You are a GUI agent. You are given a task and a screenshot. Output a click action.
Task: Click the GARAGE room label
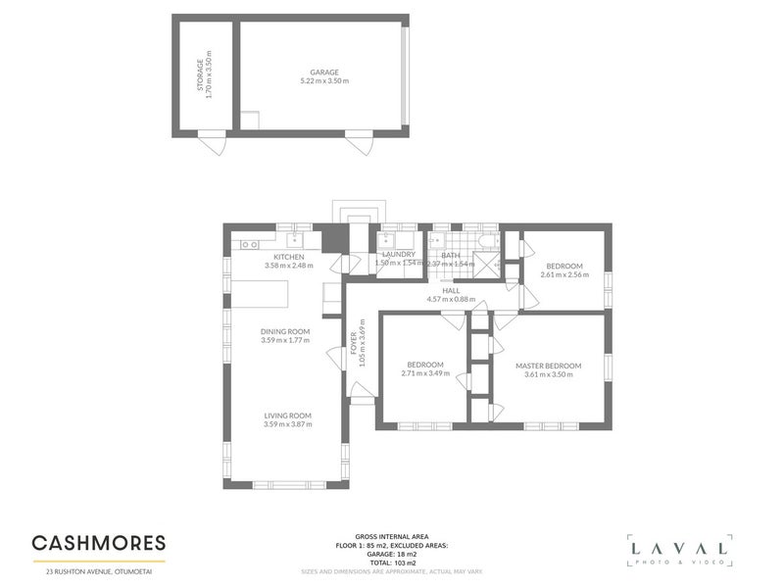(x=324, y=73)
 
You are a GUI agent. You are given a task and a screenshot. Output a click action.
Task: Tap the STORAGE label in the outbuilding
(x=200, y=75)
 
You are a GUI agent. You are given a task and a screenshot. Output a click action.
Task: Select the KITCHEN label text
(x=288, y=257)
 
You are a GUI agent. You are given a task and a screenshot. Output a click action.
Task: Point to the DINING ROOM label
(x=285, y=331)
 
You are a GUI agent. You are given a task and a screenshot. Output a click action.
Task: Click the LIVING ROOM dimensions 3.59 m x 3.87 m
(x=286, y=424)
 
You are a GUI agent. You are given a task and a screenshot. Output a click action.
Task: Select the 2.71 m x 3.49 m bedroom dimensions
(x=425, y=373)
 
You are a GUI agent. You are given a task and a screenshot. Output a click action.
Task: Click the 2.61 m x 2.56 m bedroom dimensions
(x=563, y=274)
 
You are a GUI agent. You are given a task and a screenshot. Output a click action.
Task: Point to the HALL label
(x=451, y=290)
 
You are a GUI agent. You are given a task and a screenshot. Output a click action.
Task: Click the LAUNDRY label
(x=399, y=255)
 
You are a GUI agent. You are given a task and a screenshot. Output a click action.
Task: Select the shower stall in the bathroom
(x=487, y=263)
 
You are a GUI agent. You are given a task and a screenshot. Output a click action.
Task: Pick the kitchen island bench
(x=260, y=294)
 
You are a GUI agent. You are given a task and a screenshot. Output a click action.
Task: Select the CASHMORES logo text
(x=99, y=543)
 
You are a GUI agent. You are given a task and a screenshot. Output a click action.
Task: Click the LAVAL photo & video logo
(x=678, y=552)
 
